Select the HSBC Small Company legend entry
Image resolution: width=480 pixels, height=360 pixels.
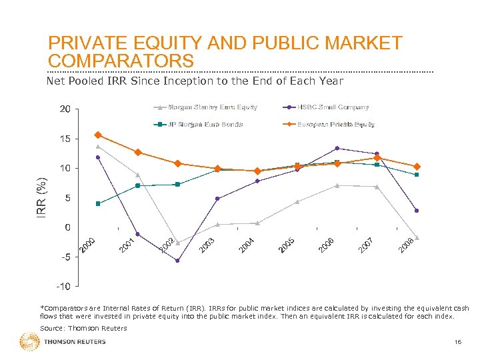(x=333, y=107)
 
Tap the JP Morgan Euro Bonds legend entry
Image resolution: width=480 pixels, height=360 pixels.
(x=205, y=124)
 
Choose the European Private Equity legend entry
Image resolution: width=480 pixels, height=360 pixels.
(x=335, y=124)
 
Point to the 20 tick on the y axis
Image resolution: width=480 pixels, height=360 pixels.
(x=63, y=109)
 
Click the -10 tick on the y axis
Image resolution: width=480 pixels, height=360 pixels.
(x=63, y=287)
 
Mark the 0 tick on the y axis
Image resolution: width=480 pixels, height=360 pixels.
(x=67, y=227)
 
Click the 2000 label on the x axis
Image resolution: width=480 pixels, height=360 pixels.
(x=88, y=245)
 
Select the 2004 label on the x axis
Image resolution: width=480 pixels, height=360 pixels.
(x=247, y=245)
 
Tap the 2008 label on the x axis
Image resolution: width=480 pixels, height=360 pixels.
(x=407, y=245)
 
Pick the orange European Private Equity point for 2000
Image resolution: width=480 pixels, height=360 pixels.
(x=98, y=135)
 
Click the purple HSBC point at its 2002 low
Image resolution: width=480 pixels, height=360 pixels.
(x=177, y=261)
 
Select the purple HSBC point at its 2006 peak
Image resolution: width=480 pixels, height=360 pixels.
(x=337, y=148)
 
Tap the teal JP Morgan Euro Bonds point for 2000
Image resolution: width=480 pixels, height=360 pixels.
(x=98, y=203)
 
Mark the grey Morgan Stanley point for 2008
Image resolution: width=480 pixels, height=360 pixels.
(x=417, y=237)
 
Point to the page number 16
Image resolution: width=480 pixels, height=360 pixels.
(x=457, y=342)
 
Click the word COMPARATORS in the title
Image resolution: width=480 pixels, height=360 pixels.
(x=121, y=61)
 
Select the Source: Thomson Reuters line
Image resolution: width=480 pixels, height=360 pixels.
(x=74, y=328)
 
